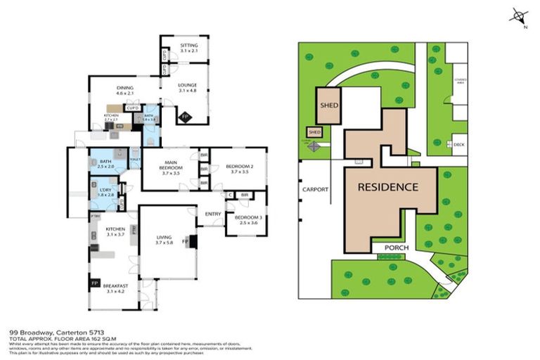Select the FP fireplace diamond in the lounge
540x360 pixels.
(x=185, y=116)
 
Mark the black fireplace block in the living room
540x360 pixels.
(x=193, y=241)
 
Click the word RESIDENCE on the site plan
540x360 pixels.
(x=388, y=188)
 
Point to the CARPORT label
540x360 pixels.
(x=316, y=189)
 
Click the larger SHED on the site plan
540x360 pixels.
(x=329, y=105)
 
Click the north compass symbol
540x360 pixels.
(x=519, y=16)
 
